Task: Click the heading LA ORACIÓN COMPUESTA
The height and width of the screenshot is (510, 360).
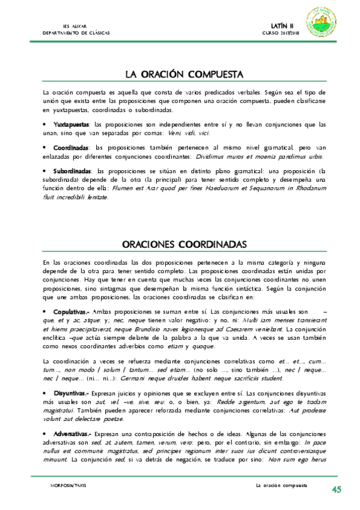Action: click(183, 75)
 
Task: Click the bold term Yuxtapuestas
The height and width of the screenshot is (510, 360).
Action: click(71, 124)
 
